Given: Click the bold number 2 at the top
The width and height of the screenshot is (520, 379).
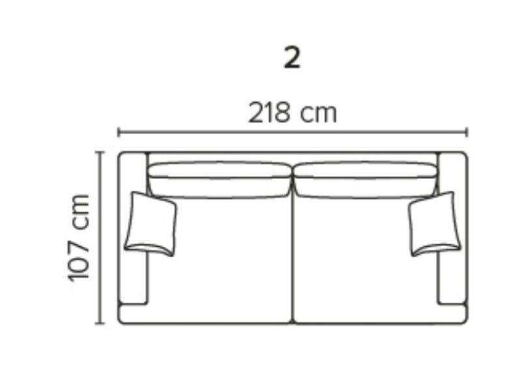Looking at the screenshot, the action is (292, 58).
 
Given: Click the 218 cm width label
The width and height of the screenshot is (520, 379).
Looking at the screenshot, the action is (293, 113).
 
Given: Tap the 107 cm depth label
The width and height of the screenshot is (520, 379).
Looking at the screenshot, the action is (79, 238).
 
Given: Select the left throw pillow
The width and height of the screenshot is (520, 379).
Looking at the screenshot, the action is (151, 224).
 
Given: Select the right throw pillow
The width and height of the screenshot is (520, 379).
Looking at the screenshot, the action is (435, 224).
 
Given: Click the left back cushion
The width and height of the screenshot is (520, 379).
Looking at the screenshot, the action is (220, 180).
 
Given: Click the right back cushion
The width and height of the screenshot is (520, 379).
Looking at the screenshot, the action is (365, 180).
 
